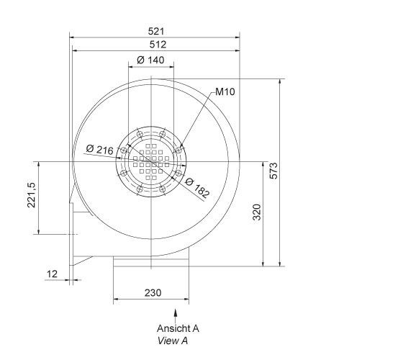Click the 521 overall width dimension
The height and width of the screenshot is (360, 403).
156,31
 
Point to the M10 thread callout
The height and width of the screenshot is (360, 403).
225,93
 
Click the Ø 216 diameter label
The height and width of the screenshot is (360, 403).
99,149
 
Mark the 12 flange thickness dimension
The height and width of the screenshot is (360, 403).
50,274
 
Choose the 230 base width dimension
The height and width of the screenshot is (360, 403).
152,293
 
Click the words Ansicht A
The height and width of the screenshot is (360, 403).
177,328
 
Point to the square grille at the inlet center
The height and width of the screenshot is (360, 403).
151,161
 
